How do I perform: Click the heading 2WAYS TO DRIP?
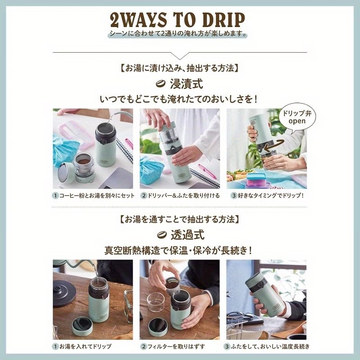pyautogui.click(x=177, y=20)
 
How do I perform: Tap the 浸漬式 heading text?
pyautogui.click(x=186, y=84)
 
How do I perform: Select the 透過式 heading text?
pyautogui.click(x=187, y=235)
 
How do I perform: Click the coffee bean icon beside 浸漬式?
pyautogui.click(x=161, y=84)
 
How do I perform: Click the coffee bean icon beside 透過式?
pyautogui.click(x=162, y=235)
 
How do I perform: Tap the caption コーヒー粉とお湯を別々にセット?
pyautogui.click(x=97, y=196)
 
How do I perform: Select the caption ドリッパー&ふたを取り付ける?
pyautogui.click(x=184, y=196)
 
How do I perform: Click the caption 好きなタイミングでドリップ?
pyautogui.click(x=271, y=196)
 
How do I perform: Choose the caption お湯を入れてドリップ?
pyautogui.click(x=85, y=346)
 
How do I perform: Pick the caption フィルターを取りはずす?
pyautogui.click(x=176, y=346)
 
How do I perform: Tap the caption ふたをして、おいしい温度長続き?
pyautogui.click(x=270, y=346)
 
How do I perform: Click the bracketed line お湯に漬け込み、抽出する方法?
pyautogui.click(x=180, y=68)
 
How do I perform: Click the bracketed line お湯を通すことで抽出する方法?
pyautogui.click(x=180, y=219)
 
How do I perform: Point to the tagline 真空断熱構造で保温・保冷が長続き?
pyautogui.click(x=178, y=251)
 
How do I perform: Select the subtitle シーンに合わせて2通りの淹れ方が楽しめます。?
pyautogui.click(x=178, y=34)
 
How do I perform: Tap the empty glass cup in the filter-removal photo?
pyautogui.click(x=156, y=302)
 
